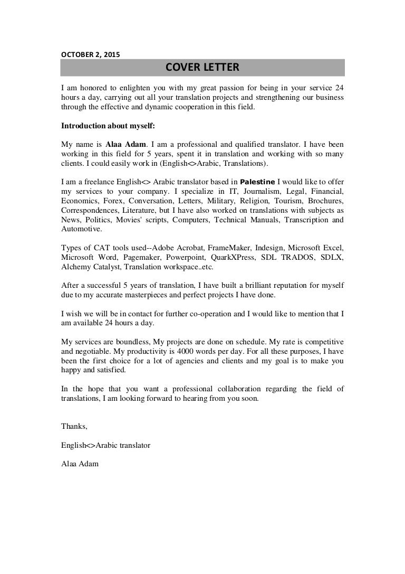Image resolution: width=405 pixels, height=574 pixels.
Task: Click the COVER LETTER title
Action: (x=202, y=67)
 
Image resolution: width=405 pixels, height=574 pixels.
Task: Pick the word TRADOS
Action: (x=299, y=257)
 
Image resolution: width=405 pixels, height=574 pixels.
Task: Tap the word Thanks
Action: (x=74, y=426)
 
